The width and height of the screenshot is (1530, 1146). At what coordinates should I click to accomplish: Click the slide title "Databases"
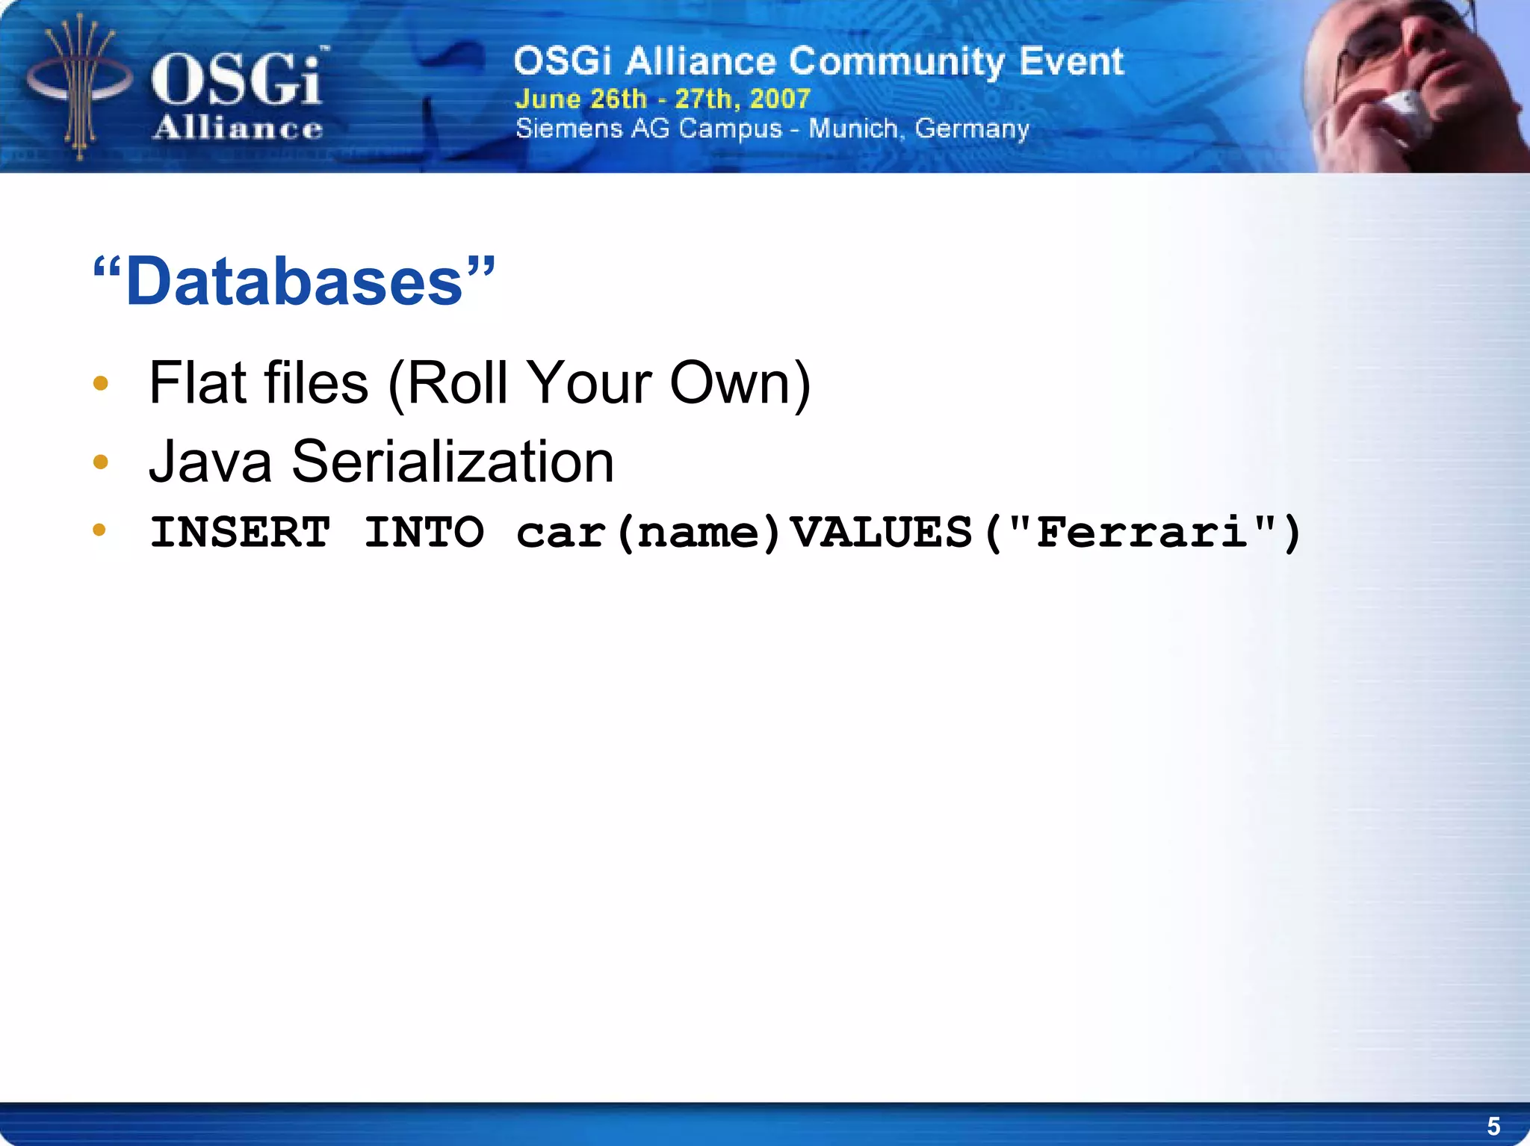[x=294, y=282]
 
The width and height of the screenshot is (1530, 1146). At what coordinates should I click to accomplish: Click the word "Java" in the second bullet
[x=210, y=462]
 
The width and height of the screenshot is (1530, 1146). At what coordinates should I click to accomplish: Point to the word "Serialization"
[x=453, y=462]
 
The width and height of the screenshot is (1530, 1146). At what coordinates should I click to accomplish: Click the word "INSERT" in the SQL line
[x=240, y=533]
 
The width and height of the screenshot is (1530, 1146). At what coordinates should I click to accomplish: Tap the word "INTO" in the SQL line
[x=424, y=533]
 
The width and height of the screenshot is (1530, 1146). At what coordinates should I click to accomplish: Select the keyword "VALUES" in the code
[x=882, y=533]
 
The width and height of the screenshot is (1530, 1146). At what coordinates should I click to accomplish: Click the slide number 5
[x=1493, y=1126]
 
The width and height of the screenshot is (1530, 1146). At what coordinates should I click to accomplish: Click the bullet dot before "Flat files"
[x=101, y=384]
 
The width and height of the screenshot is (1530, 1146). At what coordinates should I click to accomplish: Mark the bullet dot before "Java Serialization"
[x=101, y=462]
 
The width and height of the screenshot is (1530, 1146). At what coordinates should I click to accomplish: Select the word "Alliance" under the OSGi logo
[x=238, y=128]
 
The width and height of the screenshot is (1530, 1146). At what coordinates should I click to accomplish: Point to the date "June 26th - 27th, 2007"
[x=663, y=99]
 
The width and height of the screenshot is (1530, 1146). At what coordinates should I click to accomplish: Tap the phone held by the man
[x=1404, y=112]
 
